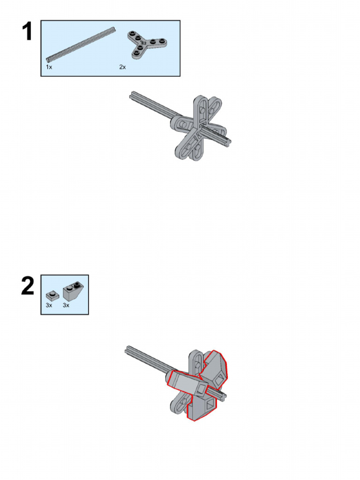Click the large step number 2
(x=28, y=286)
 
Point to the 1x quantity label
(x=49, y=67)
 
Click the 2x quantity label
(x=122, y=67)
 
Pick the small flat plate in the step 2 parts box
(x=52, y=295)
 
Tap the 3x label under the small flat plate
(x=49, y=306)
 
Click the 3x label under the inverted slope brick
(x=66, y=306)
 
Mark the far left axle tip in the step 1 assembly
(x=131, y=95)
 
